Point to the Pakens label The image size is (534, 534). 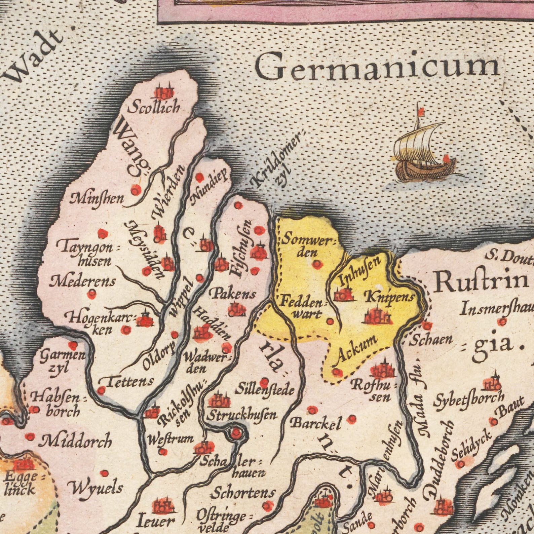[x=234, y=294]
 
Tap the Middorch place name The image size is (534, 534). [x=75, y=441]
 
